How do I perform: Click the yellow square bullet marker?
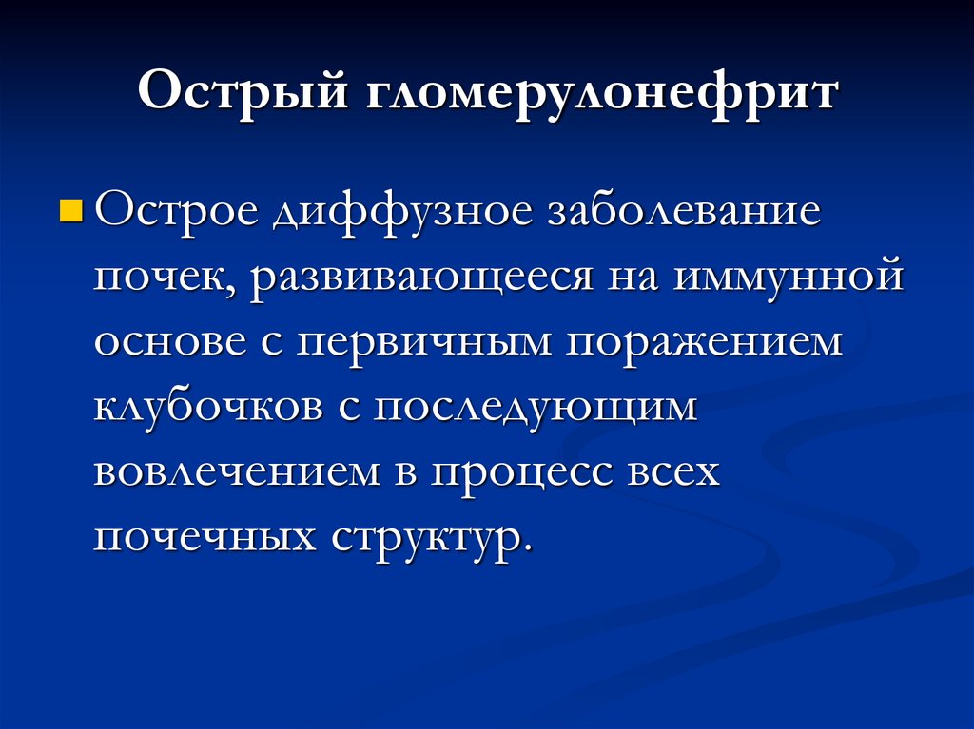point(70,211)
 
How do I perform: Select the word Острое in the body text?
point(174,211)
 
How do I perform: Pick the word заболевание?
point(683,211)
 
